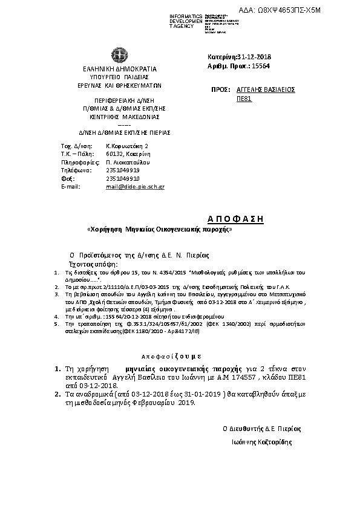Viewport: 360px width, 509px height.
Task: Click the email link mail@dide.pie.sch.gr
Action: tap(135, 187)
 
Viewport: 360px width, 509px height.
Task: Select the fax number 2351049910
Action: tap(123, 179)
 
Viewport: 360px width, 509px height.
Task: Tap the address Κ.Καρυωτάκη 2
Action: tap(127, 146)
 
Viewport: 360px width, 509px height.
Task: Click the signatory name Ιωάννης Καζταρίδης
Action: tap(261, 443)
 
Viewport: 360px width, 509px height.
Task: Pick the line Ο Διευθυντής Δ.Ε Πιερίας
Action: tap(261, 428)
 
